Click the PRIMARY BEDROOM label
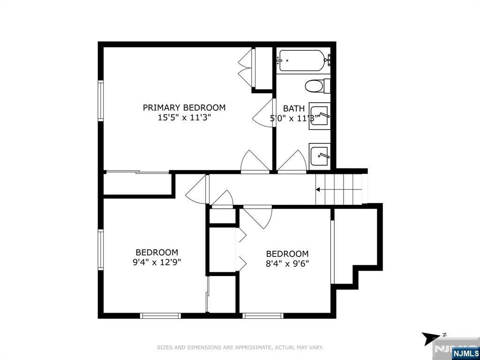point(184,107)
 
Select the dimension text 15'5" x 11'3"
point(184,118)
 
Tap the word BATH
point(294,108)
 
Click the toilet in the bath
point(317,86)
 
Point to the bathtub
point(303,60)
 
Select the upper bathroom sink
point(319,116)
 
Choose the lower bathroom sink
point(319,157)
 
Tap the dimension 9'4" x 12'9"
point(157,262)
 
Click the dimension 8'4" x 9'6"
point(287,263)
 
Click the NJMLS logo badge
point(465,353)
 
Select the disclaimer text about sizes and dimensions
point(240,347)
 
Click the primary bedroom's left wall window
point(100,101)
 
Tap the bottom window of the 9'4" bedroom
point(160,315)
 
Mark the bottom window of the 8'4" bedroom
point(263,315)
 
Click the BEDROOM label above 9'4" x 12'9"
point(157,253)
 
